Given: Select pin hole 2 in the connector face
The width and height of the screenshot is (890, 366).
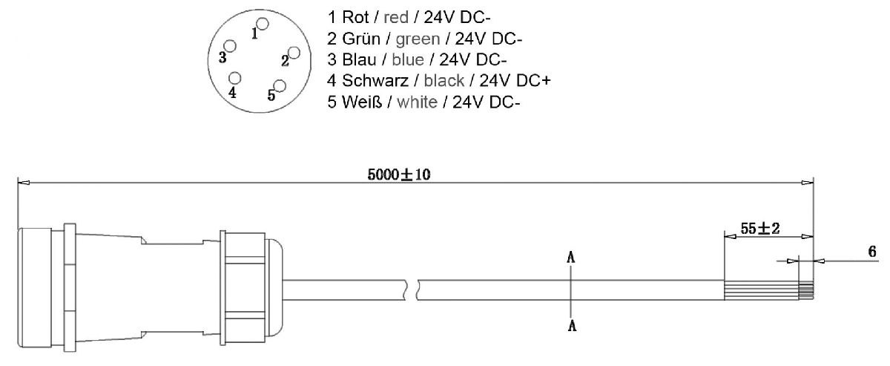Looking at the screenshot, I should pyautogui.click(x=294, y=52).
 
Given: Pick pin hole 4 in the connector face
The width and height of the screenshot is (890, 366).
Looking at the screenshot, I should pyautogui.click(x=236, y=78).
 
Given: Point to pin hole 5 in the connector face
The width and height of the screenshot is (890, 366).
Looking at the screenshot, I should pyautogui.click(x=280, y=85).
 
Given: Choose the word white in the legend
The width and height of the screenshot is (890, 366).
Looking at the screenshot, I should pyautogui.click(x=418, y=102).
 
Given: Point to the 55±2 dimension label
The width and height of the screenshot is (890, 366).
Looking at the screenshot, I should pyautogui.click(x=759, y=229).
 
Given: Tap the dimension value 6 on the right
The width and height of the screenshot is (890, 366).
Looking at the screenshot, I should pyautogui.click(x=872, y=252).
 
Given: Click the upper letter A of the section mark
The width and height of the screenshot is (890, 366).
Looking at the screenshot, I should pyautogui.click(x=571, y=258).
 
